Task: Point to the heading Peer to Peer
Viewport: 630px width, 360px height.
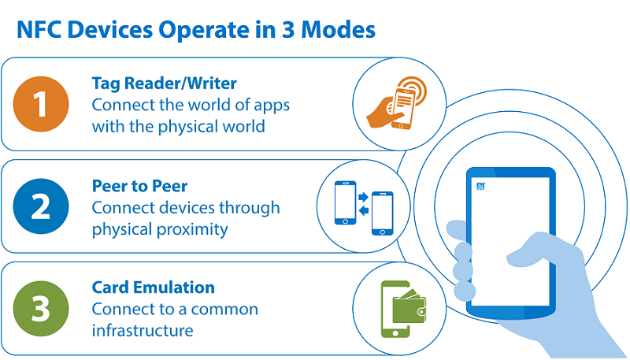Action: tap(140, 187)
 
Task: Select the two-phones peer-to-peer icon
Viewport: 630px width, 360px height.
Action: tap(364, 206)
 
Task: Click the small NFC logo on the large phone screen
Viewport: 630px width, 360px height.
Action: tap(480, 187)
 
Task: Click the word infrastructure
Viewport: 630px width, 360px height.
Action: tap(143, 331)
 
